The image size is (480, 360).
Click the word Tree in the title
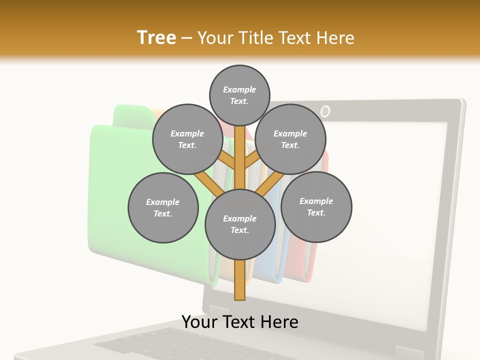(x=156, y=38)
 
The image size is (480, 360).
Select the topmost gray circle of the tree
(x=239, y=95)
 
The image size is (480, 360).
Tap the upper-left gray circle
(x=187, y=139)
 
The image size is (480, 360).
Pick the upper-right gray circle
(x=290, y=139)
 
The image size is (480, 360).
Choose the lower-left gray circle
(x=163, y=208)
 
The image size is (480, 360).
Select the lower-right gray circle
(x=316, y=207)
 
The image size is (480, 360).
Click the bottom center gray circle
(x=240, y=224)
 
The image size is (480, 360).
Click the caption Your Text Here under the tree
(x=240, y=322)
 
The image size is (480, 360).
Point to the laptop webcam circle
(x=325, y=111)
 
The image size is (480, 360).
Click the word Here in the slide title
(x=336, y=38)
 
